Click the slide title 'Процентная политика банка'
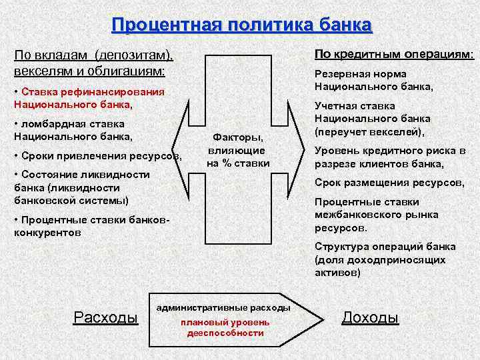(242, 25)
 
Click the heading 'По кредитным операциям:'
(394, 54)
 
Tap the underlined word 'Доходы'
(370, 317)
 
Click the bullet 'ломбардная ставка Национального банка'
(73, 130)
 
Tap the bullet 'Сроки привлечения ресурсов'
(97, 156)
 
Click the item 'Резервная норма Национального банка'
(373, 80)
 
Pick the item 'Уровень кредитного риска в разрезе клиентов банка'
(390, 157)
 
